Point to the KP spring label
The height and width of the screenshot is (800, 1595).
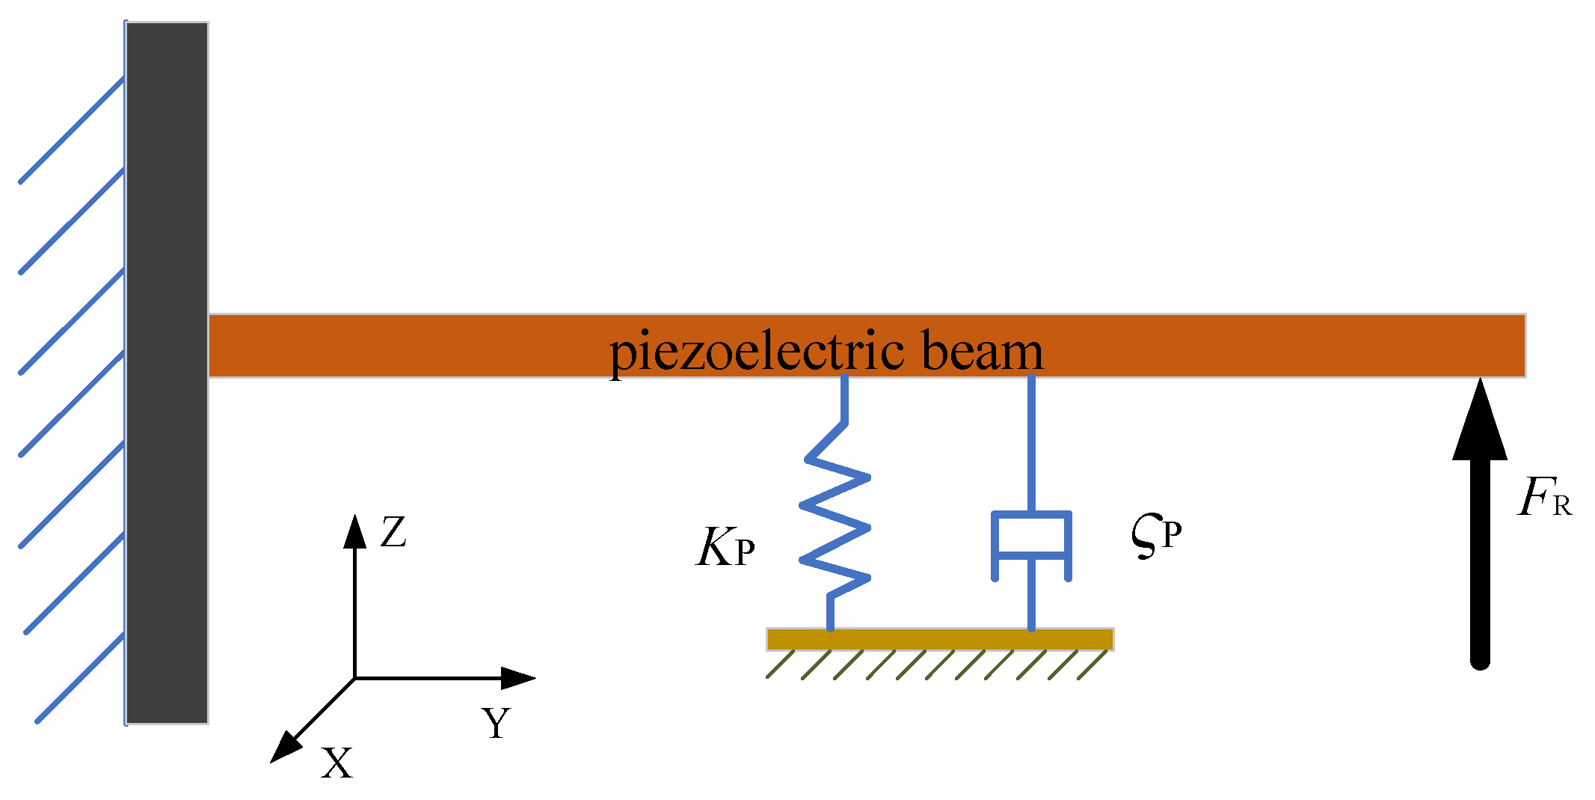(725, 549)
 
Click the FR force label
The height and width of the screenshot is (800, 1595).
(1544, 498)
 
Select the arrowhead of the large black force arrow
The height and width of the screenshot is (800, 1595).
(1479, 423)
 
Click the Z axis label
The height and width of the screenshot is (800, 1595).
(393, 533)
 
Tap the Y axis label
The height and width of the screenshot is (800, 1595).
(496, 723)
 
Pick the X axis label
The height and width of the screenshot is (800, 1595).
(336, 764)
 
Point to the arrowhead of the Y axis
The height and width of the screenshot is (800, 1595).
(517, 678)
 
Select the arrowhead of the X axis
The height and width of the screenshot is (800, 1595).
(285, 748)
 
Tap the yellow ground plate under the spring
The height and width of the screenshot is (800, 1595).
(940, 639)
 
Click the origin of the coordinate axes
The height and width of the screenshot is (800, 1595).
(354, 678)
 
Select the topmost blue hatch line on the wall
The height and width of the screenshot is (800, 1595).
(72, 129)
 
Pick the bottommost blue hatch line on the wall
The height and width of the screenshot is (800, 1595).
(80, 678)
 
